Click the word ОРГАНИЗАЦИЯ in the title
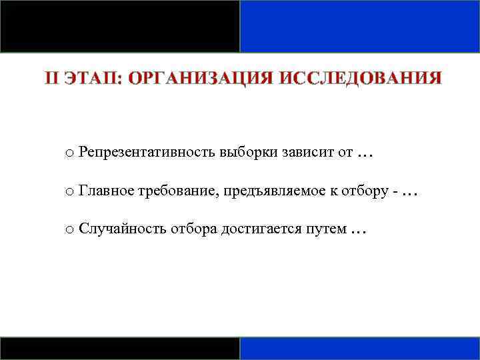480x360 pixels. [x=201, y=79]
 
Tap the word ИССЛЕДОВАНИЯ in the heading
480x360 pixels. [x=361, y=79]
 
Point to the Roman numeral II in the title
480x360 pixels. [x=53, y=79]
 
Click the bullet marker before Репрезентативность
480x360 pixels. [x=69, y=154]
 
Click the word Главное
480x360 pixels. [x=106, y=191]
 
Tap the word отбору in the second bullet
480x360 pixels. [x=363, y=191]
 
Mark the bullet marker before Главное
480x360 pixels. [x=69, y=193]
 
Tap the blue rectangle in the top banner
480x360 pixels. [x=360, y=26]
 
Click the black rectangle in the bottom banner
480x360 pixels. [x=120, y=349]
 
